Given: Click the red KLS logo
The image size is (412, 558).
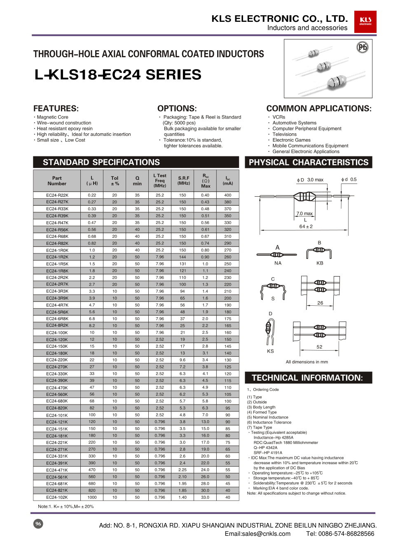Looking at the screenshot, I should pyautogui.click(x=365, y=21).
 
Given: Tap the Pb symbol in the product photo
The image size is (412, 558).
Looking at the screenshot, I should pyautogui.click(x=362, y=47).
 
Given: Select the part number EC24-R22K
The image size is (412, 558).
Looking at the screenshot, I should pyautogui.click(x=57, y=195).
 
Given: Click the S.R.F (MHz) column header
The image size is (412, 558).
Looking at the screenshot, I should pyautogui.click(x=184, y=181).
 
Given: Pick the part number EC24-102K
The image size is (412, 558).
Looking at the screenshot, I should pyautogui.click(x=57, y=497).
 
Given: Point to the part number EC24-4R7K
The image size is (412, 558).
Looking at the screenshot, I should pyautogui.click(x=57, y=305).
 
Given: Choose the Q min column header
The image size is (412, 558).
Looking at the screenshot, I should pyautogui.click(x=137, y=181).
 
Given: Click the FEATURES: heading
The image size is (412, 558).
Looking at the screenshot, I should pyautogui.click(x=56, y=109).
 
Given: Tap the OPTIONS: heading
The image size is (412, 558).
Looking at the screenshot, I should pyautogui.click(x=177, y=109).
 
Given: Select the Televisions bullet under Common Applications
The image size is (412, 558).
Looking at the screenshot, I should pyautogui.click(x=284, y=134).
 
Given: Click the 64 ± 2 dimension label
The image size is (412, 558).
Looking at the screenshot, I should pyautogui.click(x=306, y=226).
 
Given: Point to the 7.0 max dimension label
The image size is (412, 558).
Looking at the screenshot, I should pyautogui.click(x=304, y=214).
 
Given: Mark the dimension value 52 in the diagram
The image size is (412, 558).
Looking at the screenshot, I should pyautogui.click(x=319, y=347).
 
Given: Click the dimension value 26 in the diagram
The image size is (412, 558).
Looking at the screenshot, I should pyautogui.click(x=320, y=303).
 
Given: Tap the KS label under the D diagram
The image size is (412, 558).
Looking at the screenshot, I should pyautogui.click(x=270, y=351).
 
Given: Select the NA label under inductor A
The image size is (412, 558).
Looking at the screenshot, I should pyautogui.click(x=278, y=263).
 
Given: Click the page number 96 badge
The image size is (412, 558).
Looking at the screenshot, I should pyautogui.click(x=38, y=524).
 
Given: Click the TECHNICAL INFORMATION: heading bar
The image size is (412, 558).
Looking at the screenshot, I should pyautogui.click(x=308, y=378).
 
